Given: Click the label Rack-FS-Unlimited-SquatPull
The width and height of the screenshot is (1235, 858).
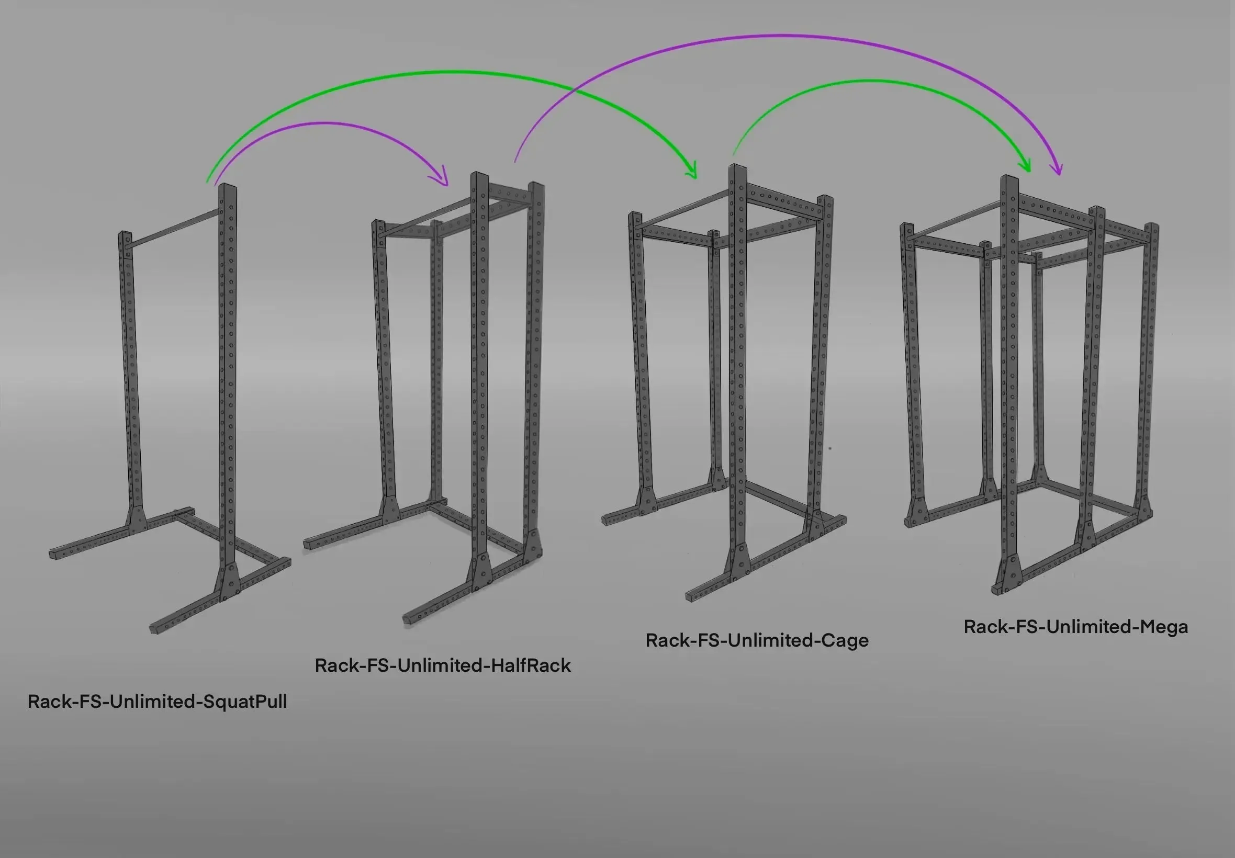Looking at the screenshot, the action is pyautogui.click(x=157, y=702).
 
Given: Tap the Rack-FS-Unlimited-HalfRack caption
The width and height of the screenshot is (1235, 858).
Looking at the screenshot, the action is pyautogui.click(x=443, y=665).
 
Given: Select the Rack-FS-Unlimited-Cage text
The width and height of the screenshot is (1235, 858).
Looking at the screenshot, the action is pyautogui.click(x=757, y=640).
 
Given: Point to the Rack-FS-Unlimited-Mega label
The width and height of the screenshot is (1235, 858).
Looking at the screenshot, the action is pyautogui.click(x=1075, y=627).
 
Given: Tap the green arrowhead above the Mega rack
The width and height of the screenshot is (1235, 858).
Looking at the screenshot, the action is pyautogui.click(x=1024, y=164).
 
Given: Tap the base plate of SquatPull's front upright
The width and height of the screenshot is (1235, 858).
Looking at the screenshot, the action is pyautogui.click(x=229, y=583).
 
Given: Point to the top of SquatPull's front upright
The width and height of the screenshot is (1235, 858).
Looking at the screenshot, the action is pyautogui.click(x=228, y=187).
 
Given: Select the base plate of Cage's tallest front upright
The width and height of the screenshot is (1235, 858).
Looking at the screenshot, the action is pyautogui.click(x=740, y=562).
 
